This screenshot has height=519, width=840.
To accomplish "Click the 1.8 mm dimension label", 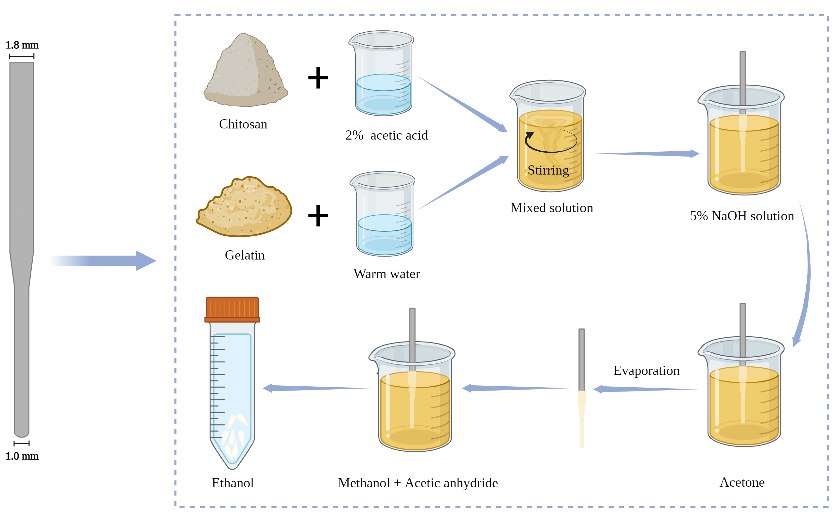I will tap(22, 45).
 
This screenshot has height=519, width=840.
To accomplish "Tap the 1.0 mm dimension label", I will tap(22, 457).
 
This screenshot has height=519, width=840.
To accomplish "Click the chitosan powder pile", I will tap(245, 72).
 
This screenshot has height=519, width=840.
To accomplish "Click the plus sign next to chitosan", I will tap(318, 78).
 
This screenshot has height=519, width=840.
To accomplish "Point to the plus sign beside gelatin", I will tap(318, 216).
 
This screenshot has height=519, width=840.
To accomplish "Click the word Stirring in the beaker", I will tap(548, 171).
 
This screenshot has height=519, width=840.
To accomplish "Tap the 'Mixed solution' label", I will tap(552, 208).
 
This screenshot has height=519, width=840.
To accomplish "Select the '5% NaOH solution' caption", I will tap(742, 216).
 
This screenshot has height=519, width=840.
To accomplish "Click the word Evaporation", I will tap(646, 371).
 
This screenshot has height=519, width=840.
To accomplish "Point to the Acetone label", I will tap(742, 483).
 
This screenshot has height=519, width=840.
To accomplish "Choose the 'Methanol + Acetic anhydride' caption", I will tap(418, 483).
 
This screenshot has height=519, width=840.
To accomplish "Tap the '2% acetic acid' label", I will tap(387, 136).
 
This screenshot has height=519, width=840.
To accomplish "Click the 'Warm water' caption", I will tap(387, 274).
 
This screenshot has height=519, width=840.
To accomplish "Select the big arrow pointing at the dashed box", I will tap(103, 261).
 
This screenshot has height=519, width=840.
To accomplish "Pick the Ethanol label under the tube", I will tap(232, 483).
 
